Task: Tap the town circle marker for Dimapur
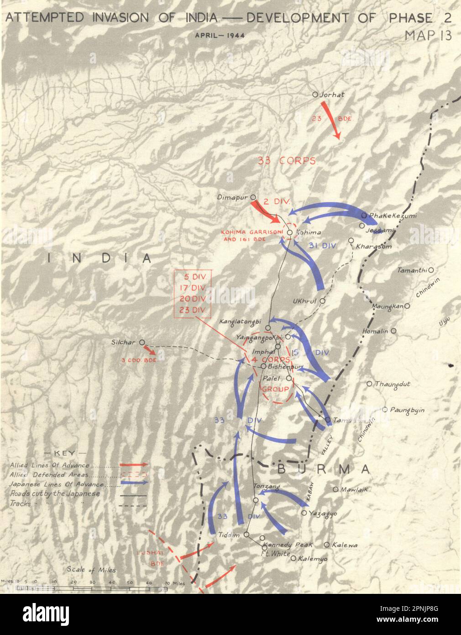point(253,198)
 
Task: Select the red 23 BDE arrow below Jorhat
point(331,120)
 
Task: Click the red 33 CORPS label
point(287,161)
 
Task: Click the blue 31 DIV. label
point(322,245)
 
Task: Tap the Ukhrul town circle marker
point(322,301)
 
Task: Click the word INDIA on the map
point(100,259)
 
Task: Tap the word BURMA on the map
point(323,469)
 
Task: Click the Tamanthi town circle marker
point(430,270)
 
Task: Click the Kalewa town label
point(345,545)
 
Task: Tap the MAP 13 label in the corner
point(428,36)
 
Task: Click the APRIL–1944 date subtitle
point(220,35)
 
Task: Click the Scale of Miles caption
point(91,570)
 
